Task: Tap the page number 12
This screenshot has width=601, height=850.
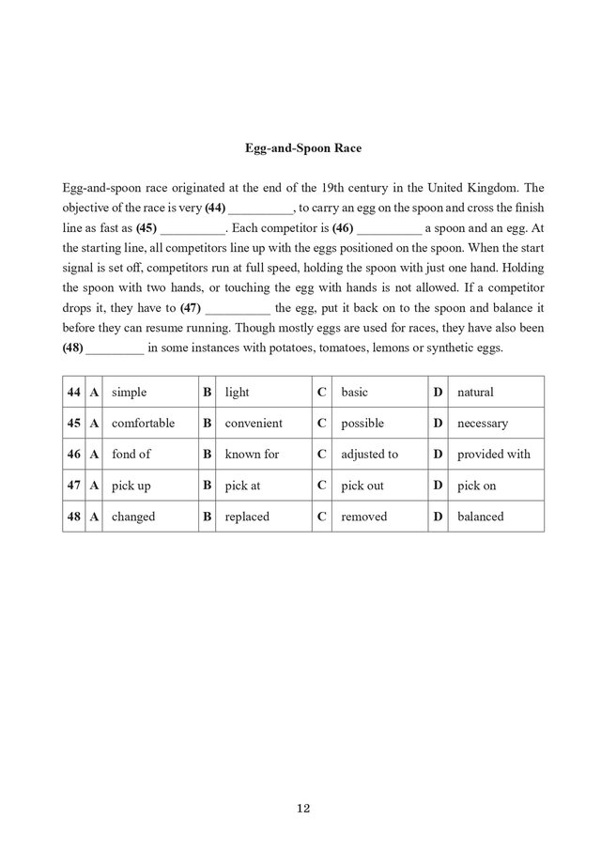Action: point(302,808)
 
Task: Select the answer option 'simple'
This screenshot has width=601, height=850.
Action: point(130,392)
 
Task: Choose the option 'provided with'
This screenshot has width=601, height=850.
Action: point(494,454)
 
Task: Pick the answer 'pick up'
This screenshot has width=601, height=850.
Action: point(131,486)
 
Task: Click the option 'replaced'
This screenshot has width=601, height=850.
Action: point(247,517)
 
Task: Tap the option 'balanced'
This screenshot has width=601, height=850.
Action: point(481,517)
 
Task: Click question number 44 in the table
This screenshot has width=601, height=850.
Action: point(72,392)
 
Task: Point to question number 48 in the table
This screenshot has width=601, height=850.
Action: point(72,517)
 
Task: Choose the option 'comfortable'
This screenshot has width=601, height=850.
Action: point(144,423)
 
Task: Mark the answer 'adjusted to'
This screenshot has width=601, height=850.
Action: point(370,454)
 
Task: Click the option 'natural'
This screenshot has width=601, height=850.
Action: point(475,392)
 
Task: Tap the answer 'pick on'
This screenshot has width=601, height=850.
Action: point(476,486)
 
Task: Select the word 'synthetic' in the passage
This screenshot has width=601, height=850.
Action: point(441,349)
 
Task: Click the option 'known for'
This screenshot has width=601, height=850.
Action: point(252,454)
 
